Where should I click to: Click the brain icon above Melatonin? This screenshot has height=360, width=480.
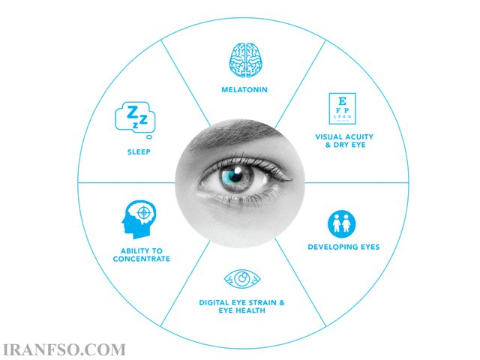point(245,60)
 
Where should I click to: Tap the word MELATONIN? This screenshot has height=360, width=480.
point(244,90)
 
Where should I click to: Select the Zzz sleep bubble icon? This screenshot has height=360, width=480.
point(135,117)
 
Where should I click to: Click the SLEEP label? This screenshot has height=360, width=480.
point(139,151)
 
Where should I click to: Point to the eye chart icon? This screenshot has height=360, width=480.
point(342,109)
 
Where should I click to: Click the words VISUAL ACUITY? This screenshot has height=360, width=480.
point(344,136)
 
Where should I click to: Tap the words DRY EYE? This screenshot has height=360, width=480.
point(349,145)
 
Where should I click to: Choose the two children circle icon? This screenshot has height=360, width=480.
point(342,223)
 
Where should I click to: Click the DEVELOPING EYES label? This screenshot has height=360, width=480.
point(343,247)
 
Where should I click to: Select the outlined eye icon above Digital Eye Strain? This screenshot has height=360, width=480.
point(242,279)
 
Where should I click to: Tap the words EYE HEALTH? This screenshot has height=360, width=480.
point(241,310)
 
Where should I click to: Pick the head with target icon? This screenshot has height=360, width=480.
point(139,220)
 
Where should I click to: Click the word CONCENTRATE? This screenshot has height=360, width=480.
point(142,259)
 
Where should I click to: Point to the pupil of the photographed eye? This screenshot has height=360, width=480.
point(235,175)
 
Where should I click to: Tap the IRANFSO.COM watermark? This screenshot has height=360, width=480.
point(64,350)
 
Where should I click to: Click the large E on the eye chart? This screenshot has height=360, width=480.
point(342,101)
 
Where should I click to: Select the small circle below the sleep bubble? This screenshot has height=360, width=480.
point(149,136)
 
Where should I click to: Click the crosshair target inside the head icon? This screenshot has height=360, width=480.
point(143,212)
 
